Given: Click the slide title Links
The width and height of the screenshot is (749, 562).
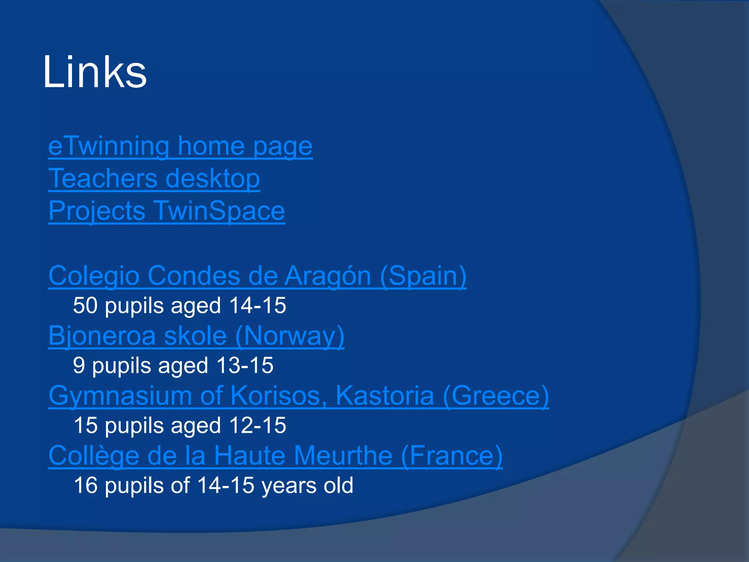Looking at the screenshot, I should tap(94, 72).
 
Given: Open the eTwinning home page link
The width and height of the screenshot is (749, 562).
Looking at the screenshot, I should tap(180, 146).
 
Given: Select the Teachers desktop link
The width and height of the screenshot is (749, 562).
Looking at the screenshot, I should tap(154, 178).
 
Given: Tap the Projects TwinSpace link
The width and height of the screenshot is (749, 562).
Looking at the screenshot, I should tap(166, 211).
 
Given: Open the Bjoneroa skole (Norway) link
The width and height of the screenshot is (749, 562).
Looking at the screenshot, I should tap(196, 336).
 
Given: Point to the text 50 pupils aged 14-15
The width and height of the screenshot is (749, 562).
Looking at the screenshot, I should tap(179, 306).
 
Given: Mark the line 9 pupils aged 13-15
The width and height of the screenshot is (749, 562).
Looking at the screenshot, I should tap(173, 366).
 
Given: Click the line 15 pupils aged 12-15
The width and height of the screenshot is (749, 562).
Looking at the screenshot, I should tap(180, 426).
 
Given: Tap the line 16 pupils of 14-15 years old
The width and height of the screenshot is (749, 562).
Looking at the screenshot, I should tap(213, 486).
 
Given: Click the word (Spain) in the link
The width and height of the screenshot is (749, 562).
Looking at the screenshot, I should tap(423, 276).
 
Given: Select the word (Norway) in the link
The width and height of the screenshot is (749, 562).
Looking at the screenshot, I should tap(290, 336).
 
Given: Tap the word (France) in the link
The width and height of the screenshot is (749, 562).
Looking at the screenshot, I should tap(452, 456).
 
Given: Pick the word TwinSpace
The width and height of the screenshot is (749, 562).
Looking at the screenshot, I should tap(219, 211).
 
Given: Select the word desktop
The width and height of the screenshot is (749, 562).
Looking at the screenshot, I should tap(212, 178).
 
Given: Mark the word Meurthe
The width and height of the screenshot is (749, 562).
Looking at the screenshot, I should tap(343, 456).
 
